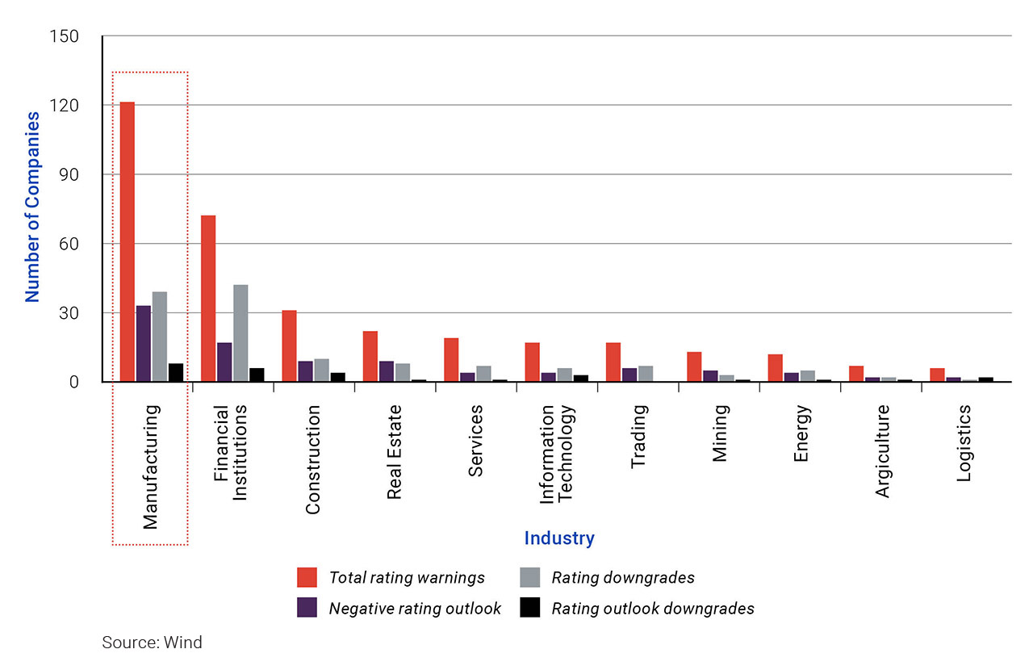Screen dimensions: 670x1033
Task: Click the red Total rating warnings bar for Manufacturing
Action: click(x=127, y=242)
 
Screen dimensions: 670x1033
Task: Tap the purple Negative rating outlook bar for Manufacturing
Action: click(x=143, y=344)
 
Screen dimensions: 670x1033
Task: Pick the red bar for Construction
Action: click(x=289, y=346)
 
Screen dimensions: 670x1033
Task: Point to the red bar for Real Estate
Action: click(x=370, y=357)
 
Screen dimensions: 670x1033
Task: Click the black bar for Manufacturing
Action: click(x=176, y=373)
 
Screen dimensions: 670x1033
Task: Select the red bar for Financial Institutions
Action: click(x=208, y=299)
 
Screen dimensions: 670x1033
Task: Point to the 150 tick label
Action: click(x=65, y=36)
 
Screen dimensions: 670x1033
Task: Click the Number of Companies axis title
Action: click(x=32, y=207)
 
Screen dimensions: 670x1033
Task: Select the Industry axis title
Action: click(x=559, y=538)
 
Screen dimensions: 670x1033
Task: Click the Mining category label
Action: click(x=720, y=433)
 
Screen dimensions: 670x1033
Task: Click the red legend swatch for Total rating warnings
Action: click(x=307, y=577)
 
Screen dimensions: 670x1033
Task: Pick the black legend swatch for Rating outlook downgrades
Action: click(x=530, y=608)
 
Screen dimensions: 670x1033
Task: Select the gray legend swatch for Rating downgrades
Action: click(x=530, y=577)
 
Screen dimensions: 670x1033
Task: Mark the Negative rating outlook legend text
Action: click(x=415, y=609)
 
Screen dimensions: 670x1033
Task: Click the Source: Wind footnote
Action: click(x=152, y=643)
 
